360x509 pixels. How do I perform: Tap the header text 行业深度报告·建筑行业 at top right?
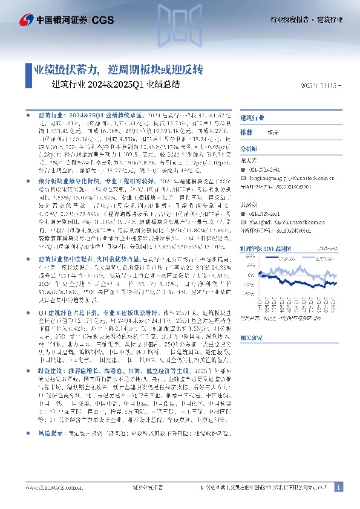point(306,21)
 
